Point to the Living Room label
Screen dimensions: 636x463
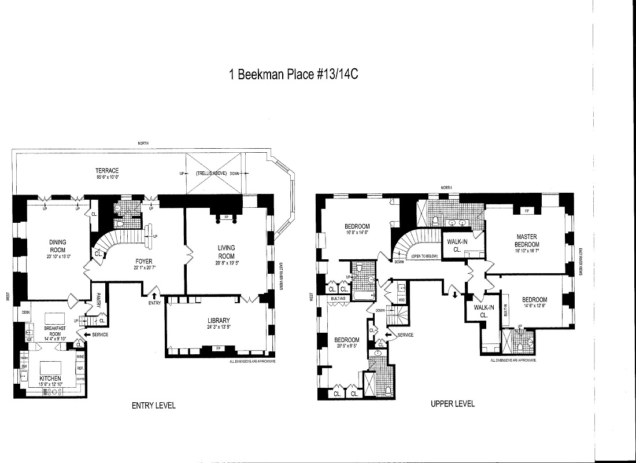click(226, 252)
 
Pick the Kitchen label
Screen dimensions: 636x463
click(50, 378)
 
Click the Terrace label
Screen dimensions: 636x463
click(108, 171)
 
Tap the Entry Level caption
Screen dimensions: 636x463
click(154, 406)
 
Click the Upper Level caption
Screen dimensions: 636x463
click(453, 404)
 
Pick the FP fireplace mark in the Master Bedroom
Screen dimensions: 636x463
click(527, 211)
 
